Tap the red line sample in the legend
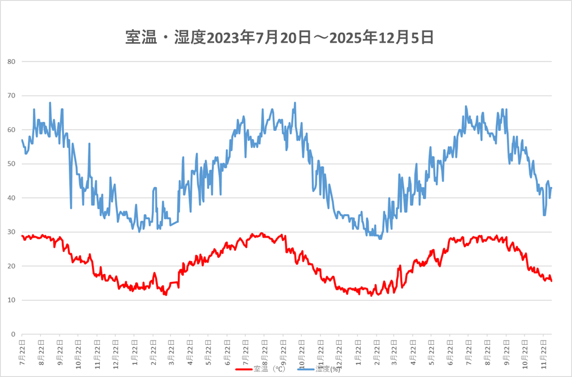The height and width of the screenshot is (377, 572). click(x=243, y=368)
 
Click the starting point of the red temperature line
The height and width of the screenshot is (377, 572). click(x=22, y=236)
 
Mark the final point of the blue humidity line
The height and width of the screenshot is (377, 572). click(x=551, y=188)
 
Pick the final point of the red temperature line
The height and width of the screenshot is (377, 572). click(x=551, y=281)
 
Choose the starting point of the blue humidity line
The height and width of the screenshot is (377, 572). click(x=22, y=140)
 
